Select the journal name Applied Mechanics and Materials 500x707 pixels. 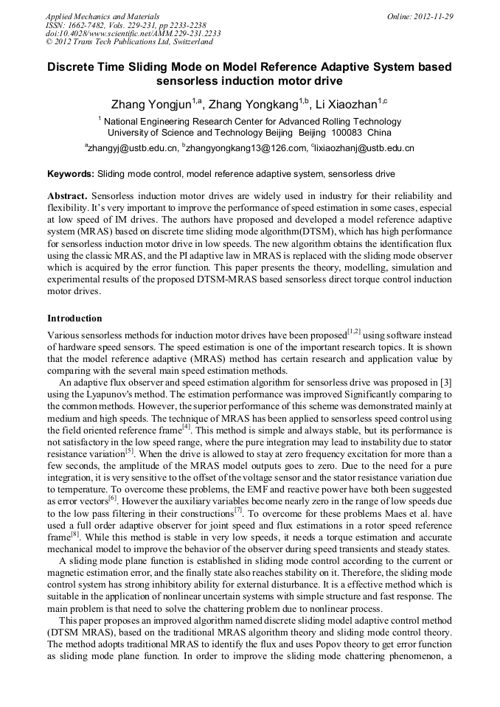click(x=102, y=15)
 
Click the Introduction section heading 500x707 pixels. click(x=74, y=318)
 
